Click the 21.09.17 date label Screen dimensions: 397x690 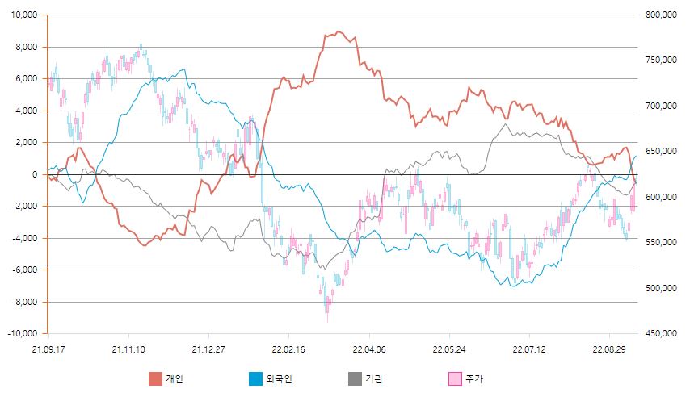click(48, 349)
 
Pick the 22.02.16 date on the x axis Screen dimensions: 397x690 click(288, 349)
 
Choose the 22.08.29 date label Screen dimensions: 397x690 click(608, 349)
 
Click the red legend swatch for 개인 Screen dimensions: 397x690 click(155, 378)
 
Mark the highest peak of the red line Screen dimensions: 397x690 click(339, 31)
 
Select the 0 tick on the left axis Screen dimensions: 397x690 click(35, 174)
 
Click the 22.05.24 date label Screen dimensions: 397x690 click(450, 349)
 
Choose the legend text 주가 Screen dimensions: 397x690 click(474, 378)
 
